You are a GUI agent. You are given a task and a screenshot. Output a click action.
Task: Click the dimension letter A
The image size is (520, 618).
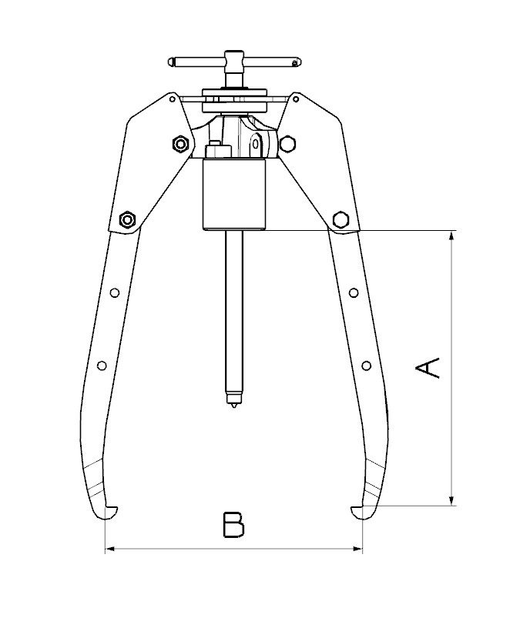(x=428, y=368)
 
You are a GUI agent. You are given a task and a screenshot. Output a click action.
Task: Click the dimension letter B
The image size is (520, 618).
(x=233, y=525)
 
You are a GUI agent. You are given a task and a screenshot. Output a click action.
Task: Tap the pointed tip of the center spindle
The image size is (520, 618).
(x=234, y=406)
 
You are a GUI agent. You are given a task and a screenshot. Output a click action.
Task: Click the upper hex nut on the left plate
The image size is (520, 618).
(x=180, y=144)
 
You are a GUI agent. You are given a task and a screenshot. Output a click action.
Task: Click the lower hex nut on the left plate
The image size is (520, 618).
(x=127, y=219)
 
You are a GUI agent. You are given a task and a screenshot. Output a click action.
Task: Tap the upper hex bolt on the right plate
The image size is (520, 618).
(x=287, y=143)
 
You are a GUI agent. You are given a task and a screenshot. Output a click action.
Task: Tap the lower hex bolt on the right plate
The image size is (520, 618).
(x=341, y=219)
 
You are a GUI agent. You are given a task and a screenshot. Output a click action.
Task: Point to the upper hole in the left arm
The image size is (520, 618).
(x=115, y=293)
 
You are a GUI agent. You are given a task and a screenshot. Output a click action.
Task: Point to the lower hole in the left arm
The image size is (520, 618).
(x=102, y=366)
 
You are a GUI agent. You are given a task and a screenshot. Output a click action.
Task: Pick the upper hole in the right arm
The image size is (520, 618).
(x=354, y=293)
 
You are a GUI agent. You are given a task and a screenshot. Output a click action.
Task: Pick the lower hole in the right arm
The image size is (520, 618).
(x=367, y=366)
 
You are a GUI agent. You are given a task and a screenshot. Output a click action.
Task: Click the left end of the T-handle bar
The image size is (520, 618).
(x=170, y=62)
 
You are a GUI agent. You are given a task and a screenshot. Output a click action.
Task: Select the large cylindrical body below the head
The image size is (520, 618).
(x=234, y=194)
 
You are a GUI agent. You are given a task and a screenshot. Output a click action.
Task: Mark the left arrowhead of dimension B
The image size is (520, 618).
(x=109, y=548)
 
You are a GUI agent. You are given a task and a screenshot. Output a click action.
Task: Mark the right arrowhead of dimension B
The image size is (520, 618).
(x=358, y=548)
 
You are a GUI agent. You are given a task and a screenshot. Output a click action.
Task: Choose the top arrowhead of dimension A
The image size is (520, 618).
(x=452, y=236)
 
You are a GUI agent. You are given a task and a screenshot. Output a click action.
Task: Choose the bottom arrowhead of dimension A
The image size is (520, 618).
(x=452, y=500)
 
